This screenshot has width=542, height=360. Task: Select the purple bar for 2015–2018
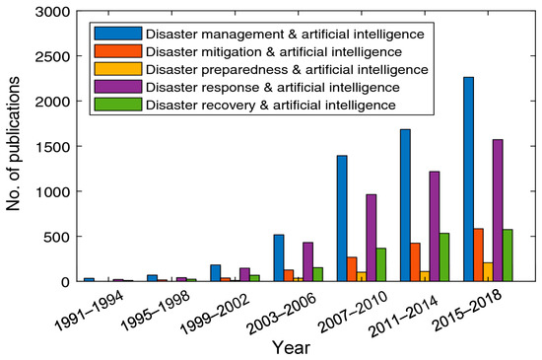tap(497, 210)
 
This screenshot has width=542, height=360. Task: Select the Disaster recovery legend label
tap(271, 105)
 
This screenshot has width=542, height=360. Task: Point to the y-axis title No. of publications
tap(13, 146)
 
